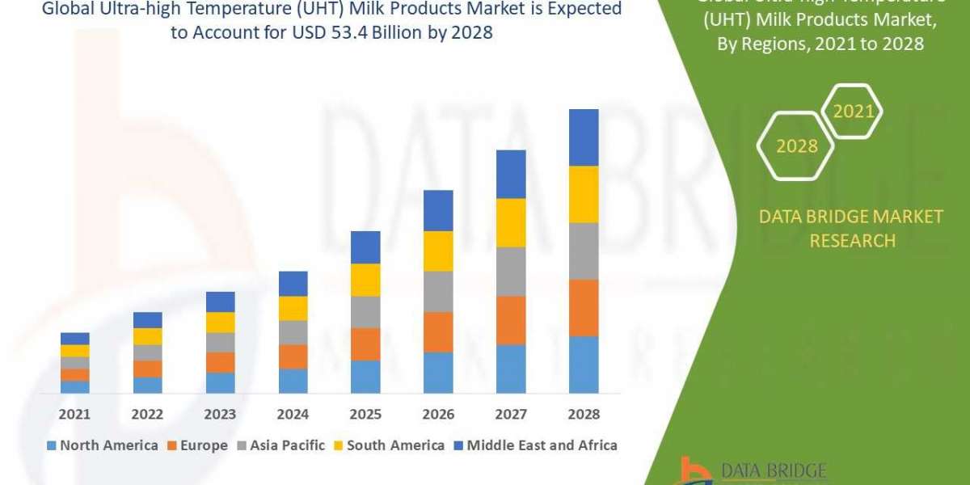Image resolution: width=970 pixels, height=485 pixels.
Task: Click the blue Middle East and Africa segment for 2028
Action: click(x=584, y=137)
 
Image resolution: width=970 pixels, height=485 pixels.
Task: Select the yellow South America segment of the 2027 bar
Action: click(x=511, y=222)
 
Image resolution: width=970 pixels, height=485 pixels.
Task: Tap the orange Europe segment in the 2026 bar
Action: click(x=438, y=331)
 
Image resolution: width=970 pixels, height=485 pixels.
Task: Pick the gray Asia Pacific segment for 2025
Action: click(x=365, y=312)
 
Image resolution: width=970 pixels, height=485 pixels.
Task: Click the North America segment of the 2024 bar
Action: click(x=293, y=381)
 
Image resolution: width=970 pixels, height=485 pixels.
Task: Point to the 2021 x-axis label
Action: click(x=75, y=414)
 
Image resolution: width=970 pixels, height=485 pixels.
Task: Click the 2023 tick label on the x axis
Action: click(x=220, y=414)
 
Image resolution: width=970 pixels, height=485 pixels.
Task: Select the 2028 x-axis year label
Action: click(x=584, y=414)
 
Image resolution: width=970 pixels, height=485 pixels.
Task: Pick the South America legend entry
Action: click(x=388, y=445)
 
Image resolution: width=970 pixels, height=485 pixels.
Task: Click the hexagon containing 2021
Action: click(x=853, y=112)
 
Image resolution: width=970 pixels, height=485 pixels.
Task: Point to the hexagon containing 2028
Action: click(x=796, y=146)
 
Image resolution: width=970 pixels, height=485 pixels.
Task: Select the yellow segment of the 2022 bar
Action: click(x=147, y=336)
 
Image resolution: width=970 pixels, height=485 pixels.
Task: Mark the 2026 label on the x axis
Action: click(x=438, y=414)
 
